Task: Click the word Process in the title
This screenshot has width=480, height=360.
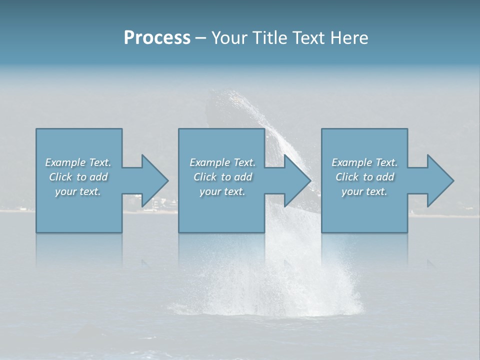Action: [x=157, y=38]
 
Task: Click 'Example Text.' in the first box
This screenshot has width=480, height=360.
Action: [x=78, y=162]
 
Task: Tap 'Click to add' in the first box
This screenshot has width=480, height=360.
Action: [x=78, y=177]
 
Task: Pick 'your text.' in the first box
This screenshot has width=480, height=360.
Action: [x=78, y=191]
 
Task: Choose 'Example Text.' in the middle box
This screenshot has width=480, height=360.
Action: [x=222, y=162]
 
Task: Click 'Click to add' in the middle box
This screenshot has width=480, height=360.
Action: [x=222, y=177]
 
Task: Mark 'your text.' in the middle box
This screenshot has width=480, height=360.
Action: [x=222, y=191]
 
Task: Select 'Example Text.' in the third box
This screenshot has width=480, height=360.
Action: [x=364, y=162]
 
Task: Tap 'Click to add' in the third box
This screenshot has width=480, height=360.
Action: [x=364, y=177]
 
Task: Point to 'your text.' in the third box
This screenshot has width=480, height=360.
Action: [x=364, y=191]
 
